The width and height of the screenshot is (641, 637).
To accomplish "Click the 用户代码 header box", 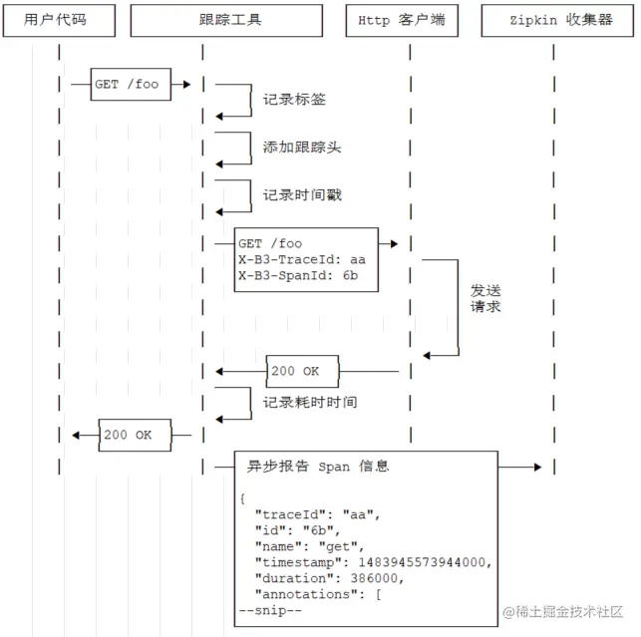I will point(62,19).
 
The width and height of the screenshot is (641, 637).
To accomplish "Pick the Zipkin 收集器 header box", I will point(560,19).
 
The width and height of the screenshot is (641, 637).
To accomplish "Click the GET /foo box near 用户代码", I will point(128,85).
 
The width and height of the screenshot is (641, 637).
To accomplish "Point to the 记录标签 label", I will point(294,100).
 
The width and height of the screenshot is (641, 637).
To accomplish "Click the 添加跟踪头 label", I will point(302,147).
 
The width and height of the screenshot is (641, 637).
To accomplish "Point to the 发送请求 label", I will point(485,299).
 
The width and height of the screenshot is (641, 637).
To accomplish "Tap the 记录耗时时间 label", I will point(310,403).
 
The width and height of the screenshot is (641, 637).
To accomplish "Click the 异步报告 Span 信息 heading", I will point(318,466).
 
